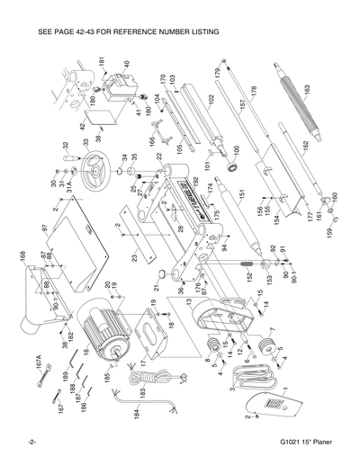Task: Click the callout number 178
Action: click(254, 92)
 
